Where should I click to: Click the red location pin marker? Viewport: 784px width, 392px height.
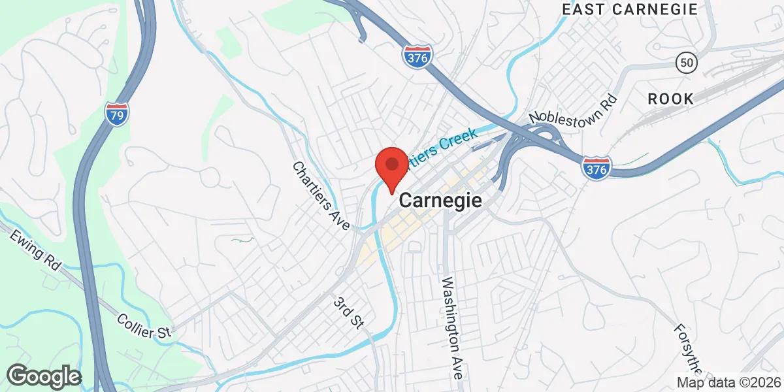[391, 167]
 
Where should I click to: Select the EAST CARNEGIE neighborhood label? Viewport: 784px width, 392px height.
[630, 9]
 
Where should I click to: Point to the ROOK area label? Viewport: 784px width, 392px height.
[670, 99]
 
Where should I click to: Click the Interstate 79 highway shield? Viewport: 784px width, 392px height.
[116, 113]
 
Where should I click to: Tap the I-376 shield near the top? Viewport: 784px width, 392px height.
[417, 57]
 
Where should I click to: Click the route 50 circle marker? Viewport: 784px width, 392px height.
[687, 63]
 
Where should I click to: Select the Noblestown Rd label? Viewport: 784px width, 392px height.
[573, 108]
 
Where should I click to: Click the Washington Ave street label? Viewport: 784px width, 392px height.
[452, 328]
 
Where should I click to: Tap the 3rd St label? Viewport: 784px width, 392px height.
[348, 313]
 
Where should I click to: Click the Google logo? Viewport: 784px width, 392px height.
[44, 376]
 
